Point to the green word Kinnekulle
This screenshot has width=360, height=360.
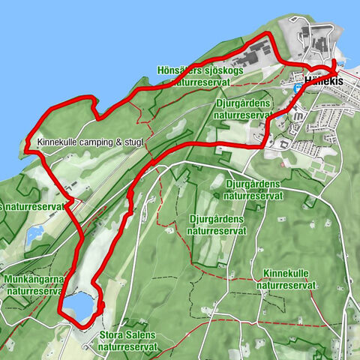[x=286, y=275]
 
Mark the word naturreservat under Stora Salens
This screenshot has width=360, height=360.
[x=128, y=347]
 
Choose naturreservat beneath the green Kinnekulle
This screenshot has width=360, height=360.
[x=286, y=286]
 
